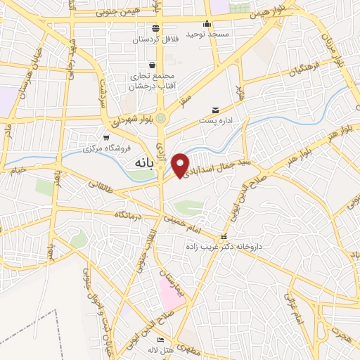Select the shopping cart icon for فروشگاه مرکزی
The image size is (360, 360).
point(106,137)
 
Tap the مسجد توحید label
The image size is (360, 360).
point(204,34)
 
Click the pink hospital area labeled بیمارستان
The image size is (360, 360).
point(171,290)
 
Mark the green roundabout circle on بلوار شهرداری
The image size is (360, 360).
point(161,117)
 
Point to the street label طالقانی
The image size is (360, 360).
point(101,186)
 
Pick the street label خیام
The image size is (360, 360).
point(18,169)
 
